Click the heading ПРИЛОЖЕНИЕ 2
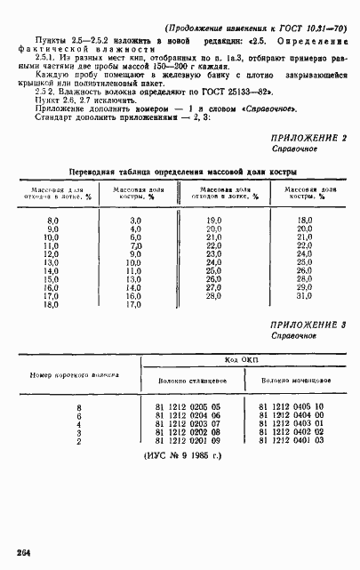pyautogui.click(x=308, y=138)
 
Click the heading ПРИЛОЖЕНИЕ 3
pyautogui.click(x=308, y=326)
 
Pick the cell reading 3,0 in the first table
pyautogui.click(x=135, y=219)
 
